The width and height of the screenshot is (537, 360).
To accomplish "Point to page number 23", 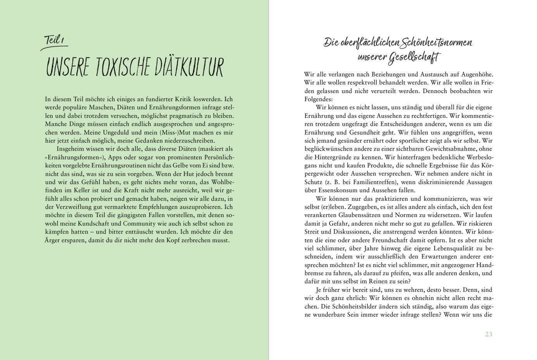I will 488,334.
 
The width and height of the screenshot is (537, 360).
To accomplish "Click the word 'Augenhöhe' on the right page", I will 475,74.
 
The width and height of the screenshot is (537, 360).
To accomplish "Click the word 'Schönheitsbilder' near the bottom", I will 351,307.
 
